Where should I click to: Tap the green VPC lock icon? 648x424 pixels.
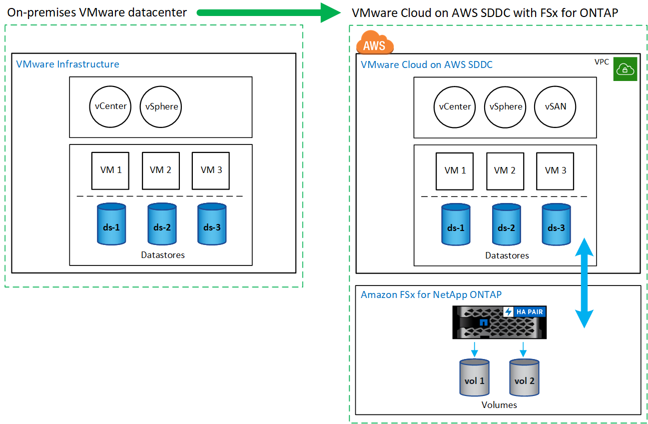pos(625,69)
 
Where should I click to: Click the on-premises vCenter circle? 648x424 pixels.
pos(111,106)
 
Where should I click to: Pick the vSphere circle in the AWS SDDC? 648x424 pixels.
pos(506,106)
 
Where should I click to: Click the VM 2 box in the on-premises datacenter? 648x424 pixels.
pos(160,170)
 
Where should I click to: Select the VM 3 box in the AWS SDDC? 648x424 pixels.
pos(555,170)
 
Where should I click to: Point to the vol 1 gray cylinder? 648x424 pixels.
pos(474,378)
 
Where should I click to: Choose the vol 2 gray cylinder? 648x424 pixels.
pos(524,378)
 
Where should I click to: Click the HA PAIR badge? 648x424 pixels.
pos(523,312)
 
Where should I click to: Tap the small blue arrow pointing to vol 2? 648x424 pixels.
pos(523,348)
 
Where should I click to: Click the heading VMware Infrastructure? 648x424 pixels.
pos(67,64)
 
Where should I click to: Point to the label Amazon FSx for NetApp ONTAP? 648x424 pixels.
pos(431,295)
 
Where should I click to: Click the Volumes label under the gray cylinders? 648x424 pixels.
pos(499,405)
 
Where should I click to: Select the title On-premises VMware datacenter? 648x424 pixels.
pos(97,12)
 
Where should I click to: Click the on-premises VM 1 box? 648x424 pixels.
pos(110,170)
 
